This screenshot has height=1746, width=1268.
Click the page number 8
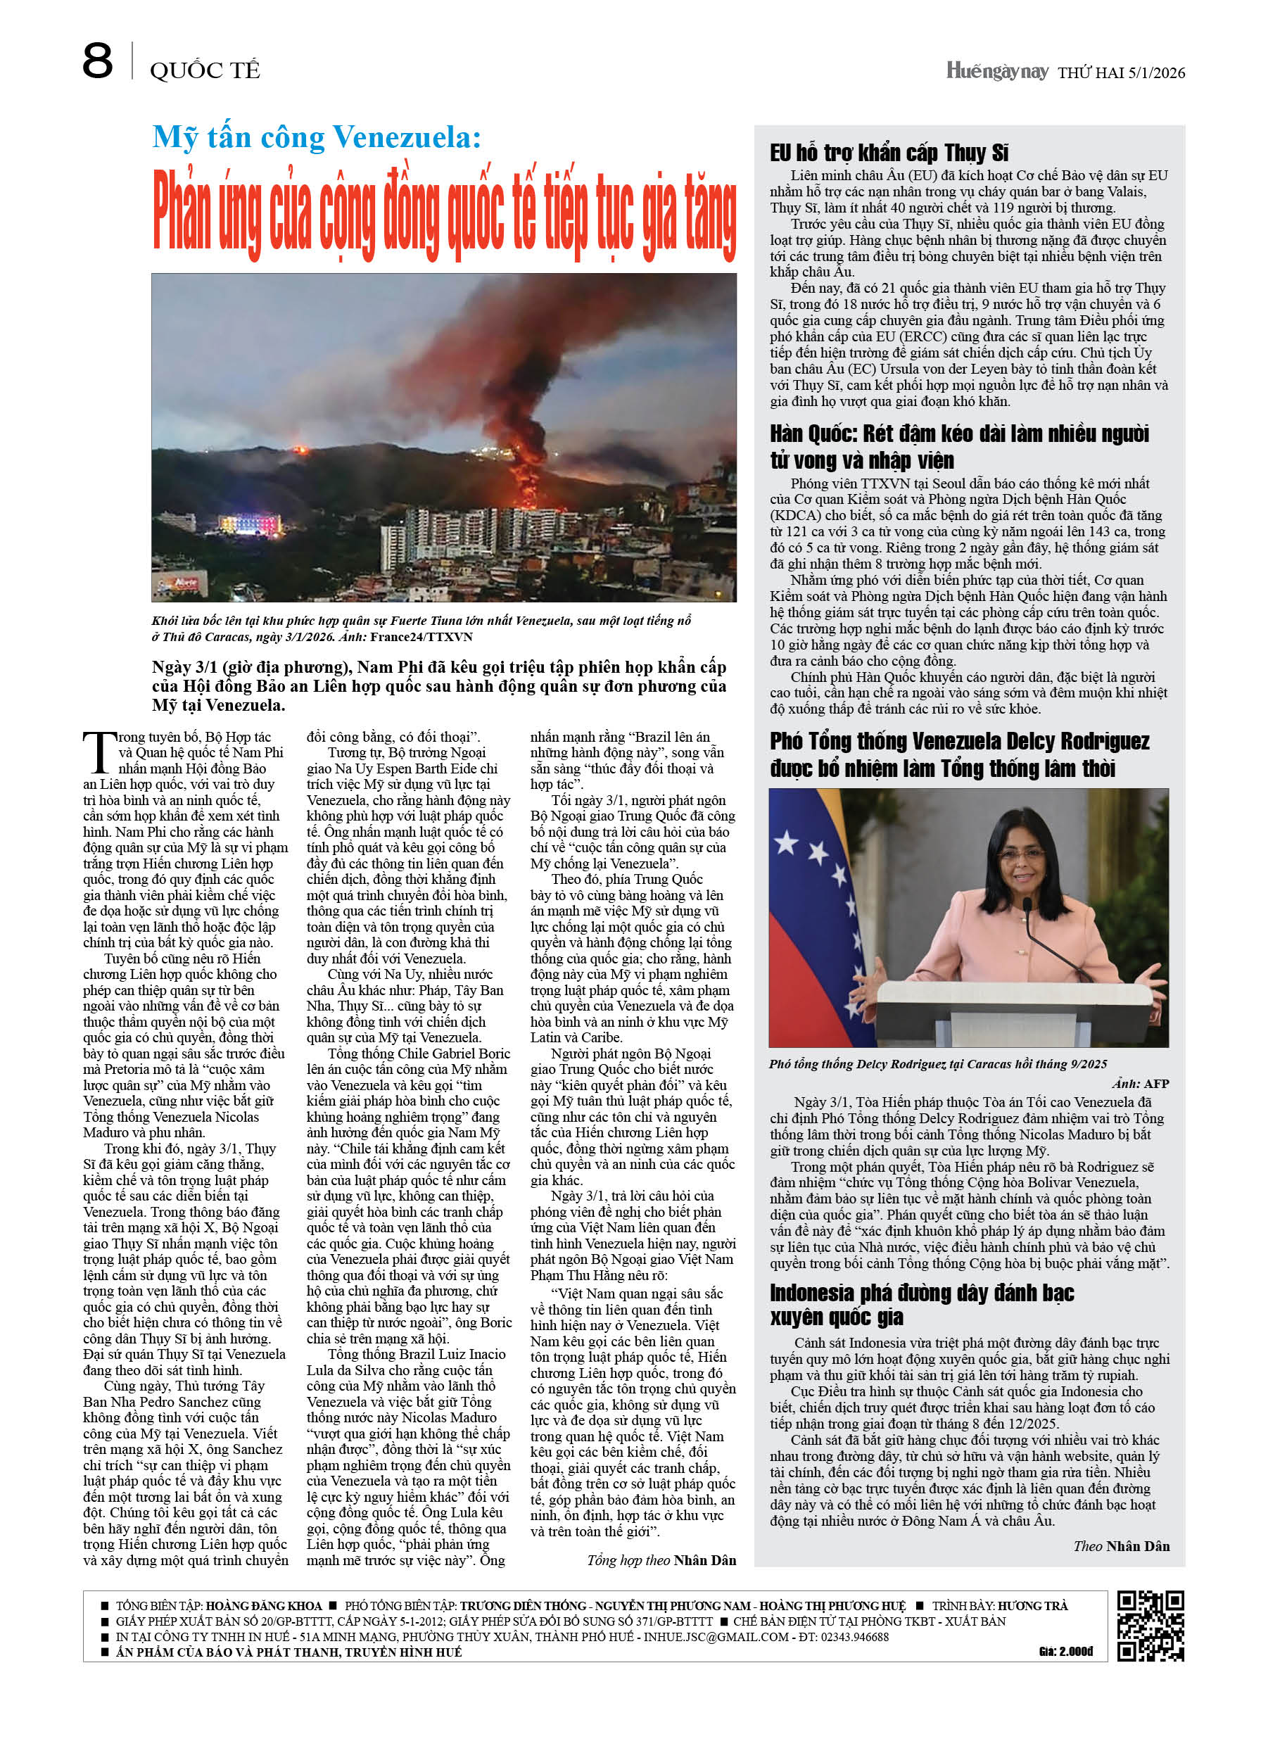tap(97, 62)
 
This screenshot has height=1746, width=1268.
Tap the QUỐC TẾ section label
tap(205, 71)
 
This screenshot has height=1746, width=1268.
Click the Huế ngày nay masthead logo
tap(997, 72)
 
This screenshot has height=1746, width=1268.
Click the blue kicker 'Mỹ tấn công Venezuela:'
tap(317, 138)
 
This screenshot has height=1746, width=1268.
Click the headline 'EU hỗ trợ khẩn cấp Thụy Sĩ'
tap(889, 153)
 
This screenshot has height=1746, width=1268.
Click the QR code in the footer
tap(1150, 1625)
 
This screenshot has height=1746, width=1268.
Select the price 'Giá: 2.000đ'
tap(1065, 1651)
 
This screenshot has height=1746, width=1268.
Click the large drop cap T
tap(99, 752)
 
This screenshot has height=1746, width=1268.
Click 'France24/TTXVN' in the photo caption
tap(421, 637)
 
